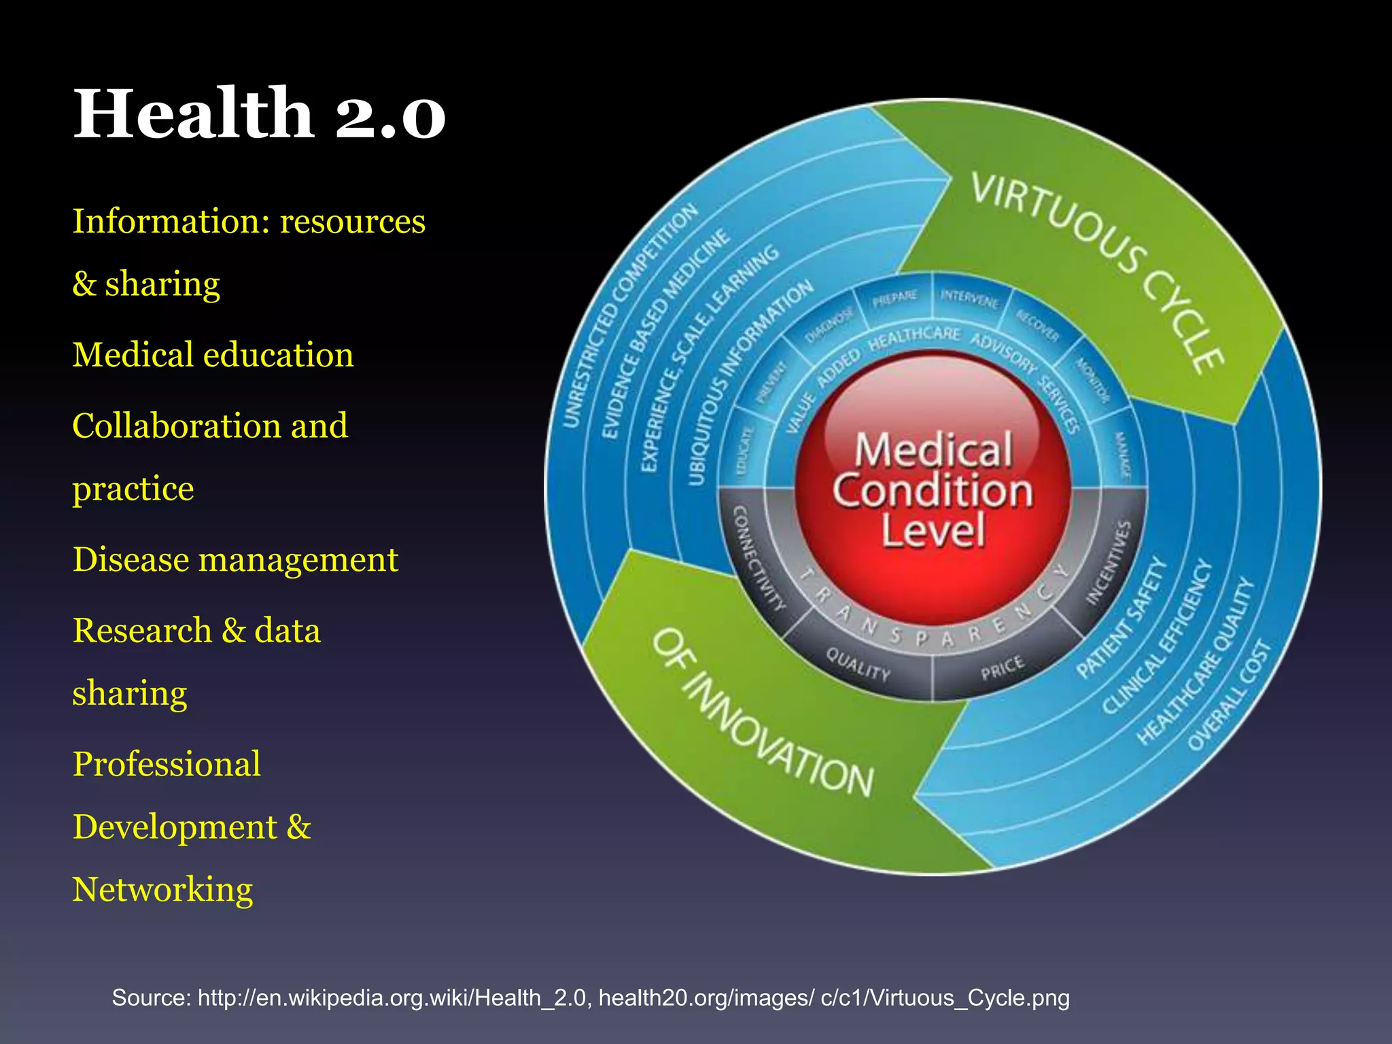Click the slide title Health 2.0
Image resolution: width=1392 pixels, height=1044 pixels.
259,114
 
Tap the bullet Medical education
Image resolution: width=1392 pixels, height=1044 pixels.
213,355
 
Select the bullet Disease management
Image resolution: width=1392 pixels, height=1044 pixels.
235,560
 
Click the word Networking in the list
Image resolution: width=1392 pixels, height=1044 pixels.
162,890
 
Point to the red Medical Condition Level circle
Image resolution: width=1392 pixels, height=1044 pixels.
933,489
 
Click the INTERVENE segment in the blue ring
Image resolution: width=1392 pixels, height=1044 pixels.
969,298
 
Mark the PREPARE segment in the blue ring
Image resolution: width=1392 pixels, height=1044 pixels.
894,298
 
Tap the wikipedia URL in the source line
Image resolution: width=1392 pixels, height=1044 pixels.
391,998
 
